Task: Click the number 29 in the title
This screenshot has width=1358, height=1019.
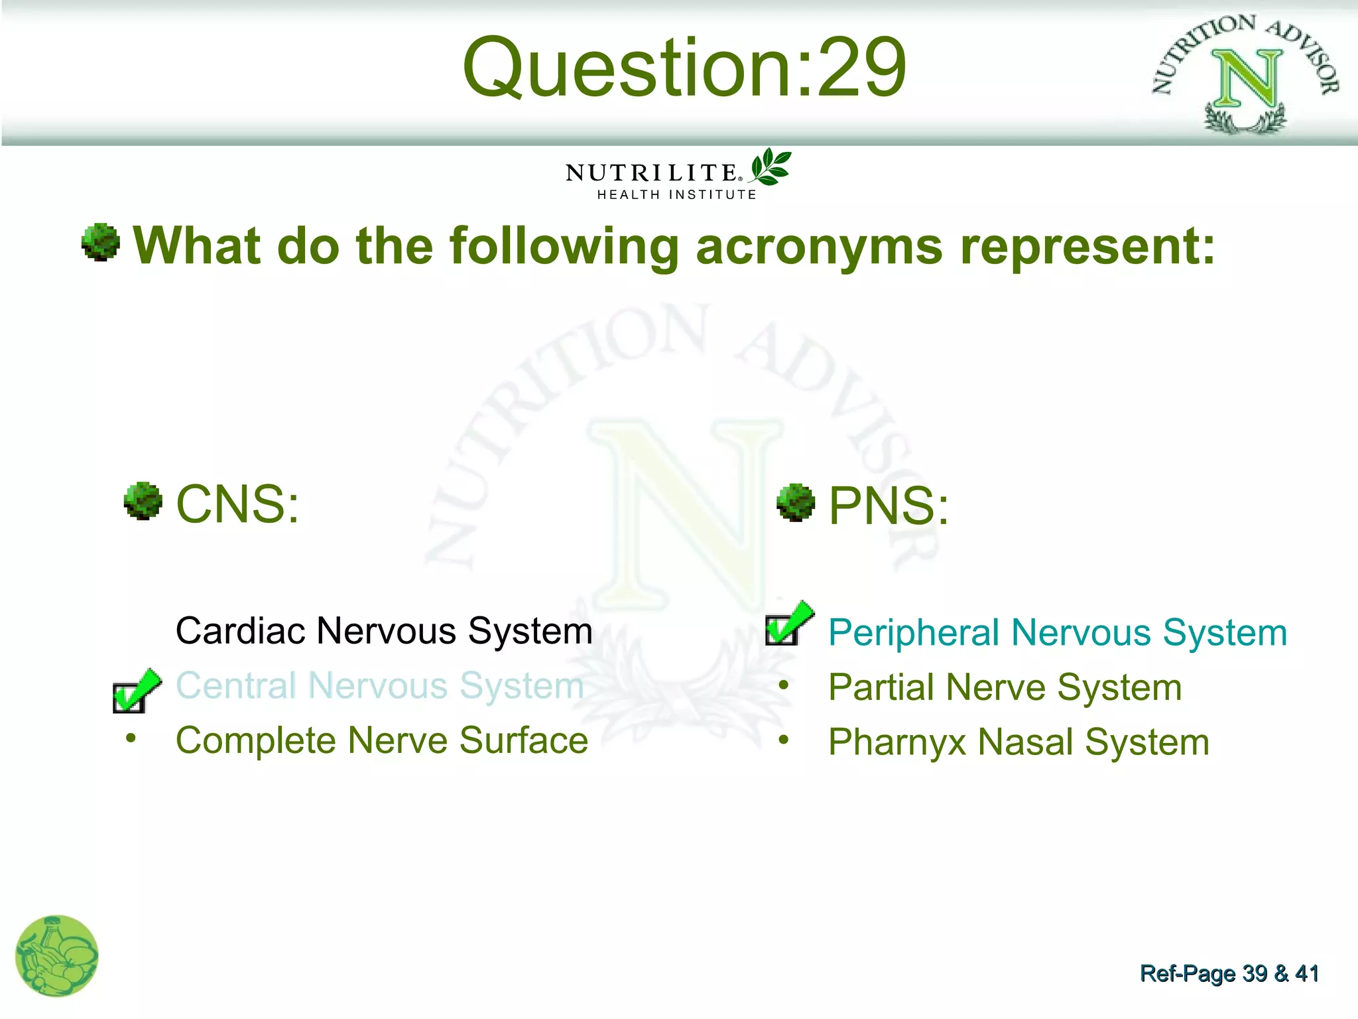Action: click(862, 68)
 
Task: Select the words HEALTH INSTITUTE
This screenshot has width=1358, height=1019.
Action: click(676, 195)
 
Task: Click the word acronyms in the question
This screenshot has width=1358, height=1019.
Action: click(819, 246)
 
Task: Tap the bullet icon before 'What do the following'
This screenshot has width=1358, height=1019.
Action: click(101, 242)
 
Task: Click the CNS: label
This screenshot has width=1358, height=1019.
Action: click(237, 504)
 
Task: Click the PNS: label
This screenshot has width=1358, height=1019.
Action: click(889, 506)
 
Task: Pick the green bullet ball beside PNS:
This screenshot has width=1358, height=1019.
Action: click(795, 503)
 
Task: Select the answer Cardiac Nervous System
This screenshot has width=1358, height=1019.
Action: click(384, 631)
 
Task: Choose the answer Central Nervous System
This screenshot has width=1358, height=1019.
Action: click(379, 686)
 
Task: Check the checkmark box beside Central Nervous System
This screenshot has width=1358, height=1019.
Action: click(135, 691)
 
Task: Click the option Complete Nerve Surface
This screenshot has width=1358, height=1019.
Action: click(381, 741)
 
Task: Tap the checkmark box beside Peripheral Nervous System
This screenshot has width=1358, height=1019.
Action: click(788, 624)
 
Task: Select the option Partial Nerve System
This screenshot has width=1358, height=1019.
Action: click(1005, 688)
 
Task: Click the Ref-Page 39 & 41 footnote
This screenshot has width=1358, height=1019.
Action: click(1229, 974)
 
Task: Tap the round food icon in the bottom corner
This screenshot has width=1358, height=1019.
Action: click(57, 956)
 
